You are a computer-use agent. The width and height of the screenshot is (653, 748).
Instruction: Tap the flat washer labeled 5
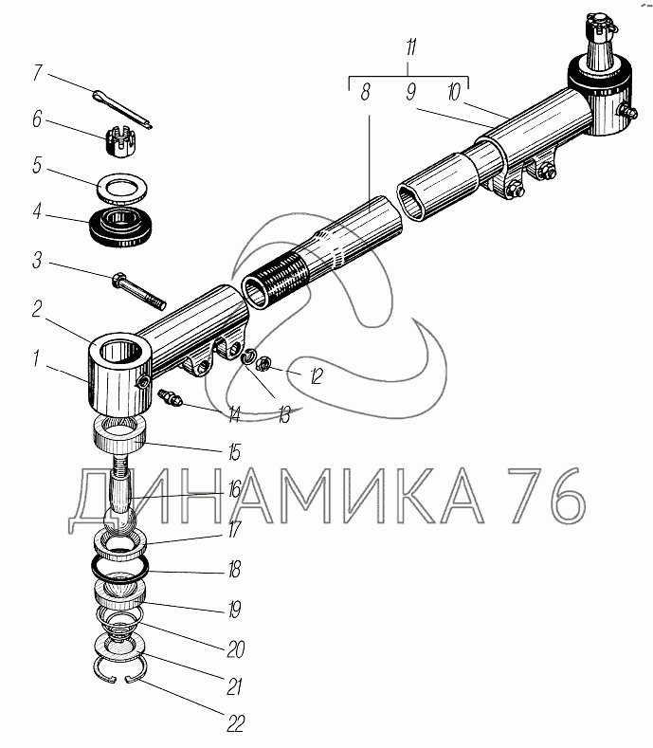pos(121,189)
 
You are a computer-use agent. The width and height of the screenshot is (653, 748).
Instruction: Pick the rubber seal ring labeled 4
pos(120,227)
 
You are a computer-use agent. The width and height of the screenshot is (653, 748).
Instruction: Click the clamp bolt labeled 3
pos(138,289)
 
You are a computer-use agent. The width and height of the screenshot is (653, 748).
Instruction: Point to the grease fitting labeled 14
pos(171,398)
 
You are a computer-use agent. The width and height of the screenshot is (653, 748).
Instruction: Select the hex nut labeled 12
pos(263,364)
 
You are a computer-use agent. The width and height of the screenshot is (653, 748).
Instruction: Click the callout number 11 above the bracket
pos(410,47)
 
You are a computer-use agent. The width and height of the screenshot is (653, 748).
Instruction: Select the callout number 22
pos(235,723)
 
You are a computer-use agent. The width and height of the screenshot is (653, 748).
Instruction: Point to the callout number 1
pos(37,358)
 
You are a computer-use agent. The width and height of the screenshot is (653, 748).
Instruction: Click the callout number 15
pos(234,452)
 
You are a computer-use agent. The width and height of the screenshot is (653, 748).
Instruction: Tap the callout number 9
pos(410,92)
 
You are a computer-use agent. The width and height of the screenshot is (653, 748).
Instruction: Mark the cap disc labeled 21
pos(120,648)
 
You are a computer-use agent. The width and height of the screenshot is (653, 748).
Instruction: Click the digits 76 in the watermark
pos(545,495)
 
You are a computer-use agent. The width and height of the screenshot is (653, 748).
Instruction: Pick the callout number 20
pos(236,648)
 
